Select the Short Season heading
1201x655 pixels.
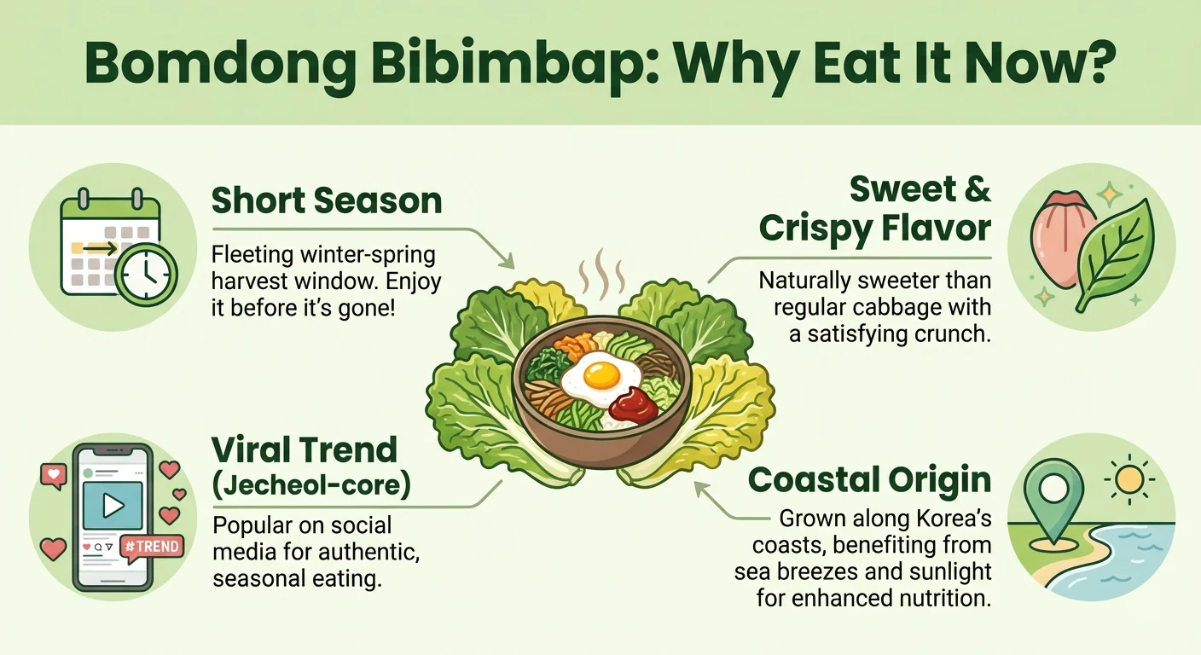coord(327,200)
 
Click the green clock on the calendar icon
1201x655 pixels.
coord(147,275)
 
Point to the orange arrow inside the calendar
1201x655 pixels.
coord(95,248)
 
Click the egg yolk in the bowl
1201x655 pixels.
coord(601,375)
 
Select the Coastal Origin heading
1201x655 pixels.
coord(870,479)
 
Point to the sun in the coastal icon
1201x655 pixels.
coord(1129,479)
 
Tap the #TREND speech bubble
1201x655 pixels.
coord(153,548)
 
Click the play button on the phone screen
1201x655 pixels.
coord(113,505)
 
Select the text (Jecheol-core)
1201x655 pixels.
coord(311,484)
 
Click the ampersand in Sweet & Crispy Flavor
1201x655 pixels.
coord(977,189)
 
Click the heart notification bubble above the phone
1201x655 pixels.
coord(54,476)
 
